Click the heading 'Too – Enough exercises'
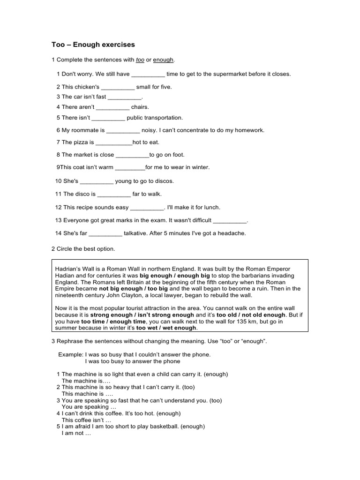(x=93, y=45)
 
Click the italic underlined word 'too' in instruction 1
(x=140, y=60)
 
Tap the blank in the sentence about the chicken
(x=118, y=87)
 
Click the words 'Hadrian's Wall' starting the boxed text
(x=74, y=269)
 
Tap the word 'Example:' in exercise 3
(x=71, y=355)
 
